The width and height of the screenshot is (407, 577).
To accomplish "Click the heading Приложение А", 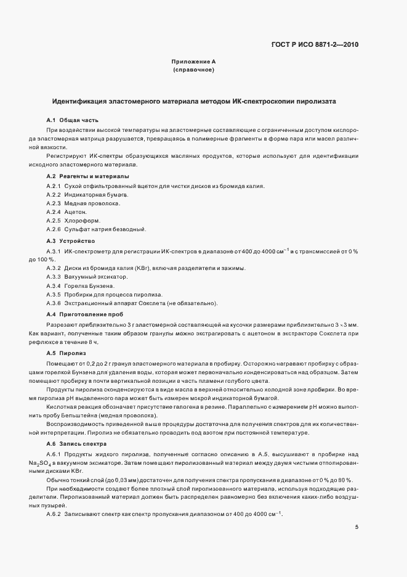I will coord(193,62).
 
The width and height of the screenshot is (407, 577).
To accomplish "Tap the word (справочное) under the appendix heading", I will coord(193,70).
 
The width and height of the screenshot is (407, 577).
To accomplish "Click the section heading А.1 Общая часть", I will coord(73,120).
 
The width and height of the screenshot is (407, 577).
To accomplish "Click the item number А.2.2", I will coord(54,195).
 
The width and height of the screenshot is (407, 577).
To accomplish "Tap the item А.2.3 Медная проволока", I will coord(83,203).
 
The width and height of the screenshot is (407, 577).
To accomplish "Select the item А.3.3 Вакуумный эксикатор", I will coord(87,277).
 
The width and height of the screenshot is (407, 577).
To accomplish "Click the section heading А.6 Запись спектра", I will coord(78,444).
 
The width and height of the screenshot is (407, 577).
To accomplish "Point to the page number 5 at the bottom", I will coord(357,527).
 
